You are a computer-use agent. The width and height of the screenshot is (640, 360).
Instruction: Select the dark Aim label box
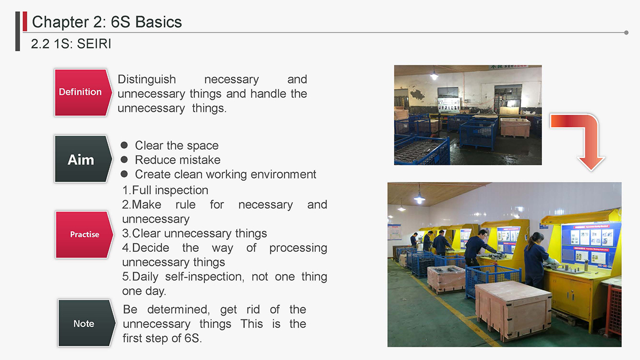pos(83,159)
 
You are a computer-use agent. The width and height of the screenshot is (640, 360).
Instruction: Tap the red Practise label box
pos(84,235)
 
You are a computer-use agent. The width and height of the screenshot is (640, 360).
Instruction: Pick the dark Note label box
pos(86,323)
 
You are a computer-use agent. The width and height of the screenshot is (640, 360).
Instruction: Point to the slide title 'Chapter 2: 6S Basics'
pos(107,22)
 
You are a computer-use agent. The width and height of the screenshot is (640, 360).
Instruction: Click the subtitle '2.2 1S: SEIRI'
pos(71,44)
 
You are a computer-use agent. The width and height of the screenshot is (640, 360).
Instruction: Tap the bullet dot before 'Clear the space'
pos(124,145)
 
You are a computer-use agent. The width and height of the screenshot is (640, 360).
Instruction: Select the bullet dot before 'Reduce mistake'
pos(124,159)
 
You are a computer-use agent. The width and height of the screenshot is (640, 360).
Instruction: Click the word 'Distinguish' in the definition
pos(147,79)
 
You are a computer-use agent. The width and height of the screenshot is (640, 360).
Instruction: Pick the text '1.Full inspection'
pos(165,190)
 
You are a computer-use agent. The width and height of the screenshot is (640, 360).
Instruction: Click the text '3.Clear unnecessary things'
pos(194,234)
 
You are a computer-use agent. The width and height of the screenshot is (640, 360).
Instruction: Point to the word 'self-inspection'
pos(205,277)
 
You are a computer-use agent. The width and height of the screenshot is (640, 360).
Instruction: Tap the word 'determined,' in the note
pos(179,309)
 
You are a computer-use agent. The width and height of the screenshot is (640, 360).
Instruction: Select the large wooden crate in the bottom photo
pos(513,310)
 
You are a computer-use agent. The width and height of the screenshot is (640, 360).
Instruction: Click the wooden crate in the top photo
pos(515,127)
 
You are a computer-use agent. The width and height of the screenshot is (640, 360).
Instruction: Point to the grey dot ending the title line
pos(626,33)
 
